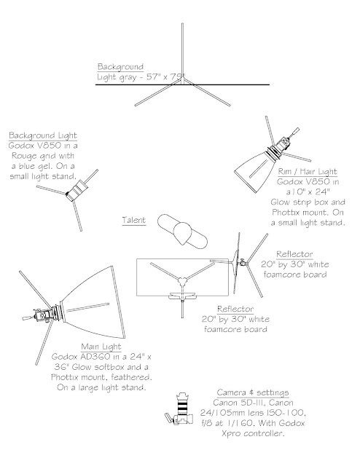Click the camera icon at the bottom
(179, 408)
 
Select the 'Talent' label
(134, 220)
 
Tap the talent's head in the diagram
(182, 234)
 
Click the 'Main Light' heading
(101, 347)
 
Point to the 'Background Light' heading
(43, 136)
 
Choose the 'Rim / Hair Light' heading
(308, 172)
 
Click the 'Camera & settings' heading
(253, 392)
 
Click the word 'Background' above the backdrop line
(120, 67)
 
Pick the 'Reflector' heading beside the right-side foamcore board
(294, 254)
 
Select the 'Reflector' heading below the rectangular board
(235, 309)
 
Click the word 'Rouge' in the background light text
(24, 157)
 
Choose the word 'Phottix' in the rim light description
(286, 213)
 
